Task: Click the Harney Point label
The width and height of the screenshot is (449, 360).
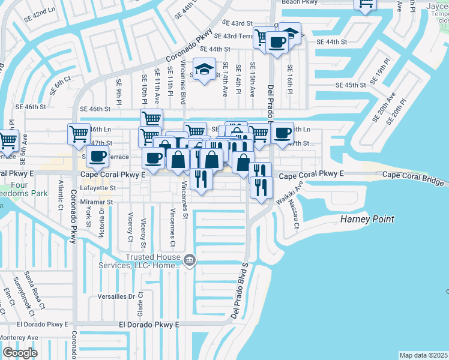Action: point(367,219)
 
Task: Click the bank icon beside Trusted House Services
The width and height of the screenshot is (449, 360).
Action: point(190,260)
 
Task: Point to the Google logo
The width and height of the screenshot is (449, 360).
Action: point(20,352)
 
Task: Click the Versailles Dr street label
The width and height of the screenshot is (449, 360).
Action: point(115,296)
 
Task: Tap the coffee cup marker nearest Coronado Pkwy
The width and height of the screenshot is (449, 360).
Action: point(97,157)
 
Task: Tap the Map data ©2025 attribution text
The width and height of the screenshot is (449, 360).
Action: point(423,355)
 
